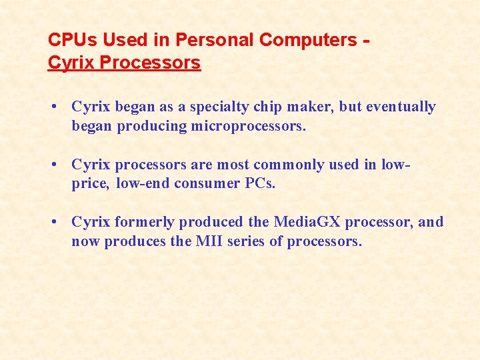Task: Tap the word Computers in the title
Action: point(308,40)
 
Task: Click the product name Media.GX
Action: point(305,222)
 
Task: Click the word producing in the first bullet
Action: point(151,127)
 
